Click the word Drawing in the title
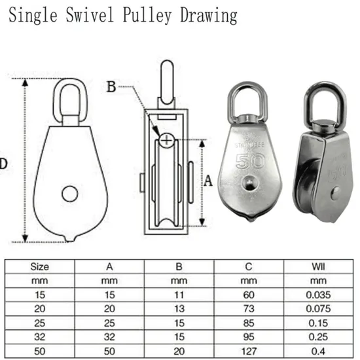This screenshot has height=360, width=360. (207, 14)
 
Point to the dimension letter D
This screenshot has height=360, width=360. (3, 163)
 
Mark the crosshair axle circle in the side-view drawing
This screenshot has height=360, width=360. (168, 139)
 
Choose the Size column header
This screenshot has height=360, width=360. (39, 267)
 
